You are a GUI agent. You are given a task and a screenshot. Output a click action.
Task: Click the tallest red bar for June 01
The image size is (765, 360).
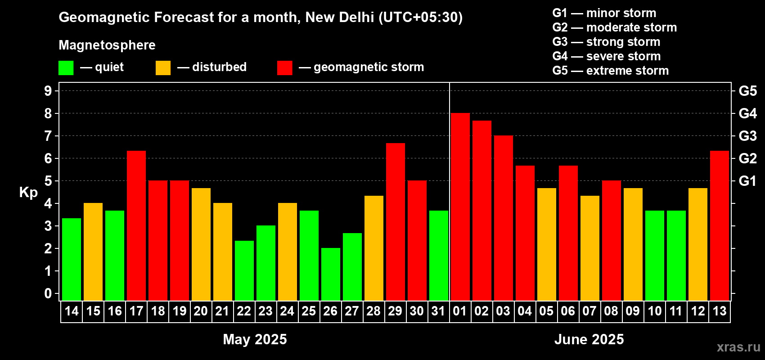pos(460,207)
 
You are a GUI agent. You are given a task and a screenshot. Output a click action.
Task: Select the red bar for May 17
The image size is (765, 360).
pos(136,225)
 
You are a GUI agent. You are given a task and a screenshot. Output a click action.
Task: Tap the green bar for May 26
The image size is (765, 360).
pos(331,274)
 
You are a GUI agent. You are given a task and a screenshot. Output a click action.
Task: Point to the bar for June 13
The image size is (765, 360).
pos(720,225)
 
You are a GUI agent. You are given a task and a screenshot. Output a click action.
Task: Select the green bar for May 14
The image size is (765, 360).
pos(72,259)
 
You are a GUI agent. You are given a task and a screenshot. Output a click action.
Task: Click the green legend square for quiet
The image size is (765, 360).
pos(66,68)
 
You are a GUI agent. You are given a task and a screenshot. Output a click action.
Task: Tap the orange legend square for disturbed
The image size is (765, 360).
pos(163,68)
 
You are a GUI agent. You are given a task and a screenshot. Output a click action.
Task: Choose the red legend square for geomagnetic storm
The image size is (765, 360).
pos(284,68)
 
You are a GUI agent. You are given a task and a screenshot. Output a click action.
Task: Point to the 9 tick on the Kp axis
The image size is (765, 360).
pos(48,91)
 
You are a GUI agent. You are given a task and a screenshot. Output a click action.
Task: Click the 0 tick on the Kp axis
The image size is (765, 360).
pos(48,294)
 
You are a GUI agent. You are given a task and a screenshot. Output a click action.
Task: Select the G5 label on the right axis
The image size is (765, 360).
pos(747,91)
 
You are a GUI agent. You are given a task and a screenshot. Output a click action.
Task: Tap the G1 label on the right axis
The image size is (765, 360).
pos(747,181)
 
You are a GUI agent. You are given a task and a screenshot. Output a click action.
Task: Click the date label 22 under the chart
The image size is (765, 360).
pos(244,311)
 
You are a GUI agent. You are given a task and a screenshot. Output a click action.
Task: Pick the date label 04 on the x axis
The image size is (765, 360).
pos(525,311)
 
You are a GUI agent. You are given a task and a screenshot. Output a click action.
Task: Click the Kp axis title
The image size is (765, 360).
pos(28,193)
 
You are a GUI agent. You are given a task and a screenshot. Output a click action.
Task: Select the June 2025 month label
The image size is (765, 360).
pos(589,339)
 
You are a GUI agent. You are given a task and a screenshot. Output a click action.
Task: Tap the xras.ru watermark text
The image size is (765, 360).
pos(738,347)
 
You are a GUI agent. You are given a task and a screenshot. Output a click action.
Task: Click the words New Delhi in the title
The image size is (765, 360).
pos(340,17)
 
